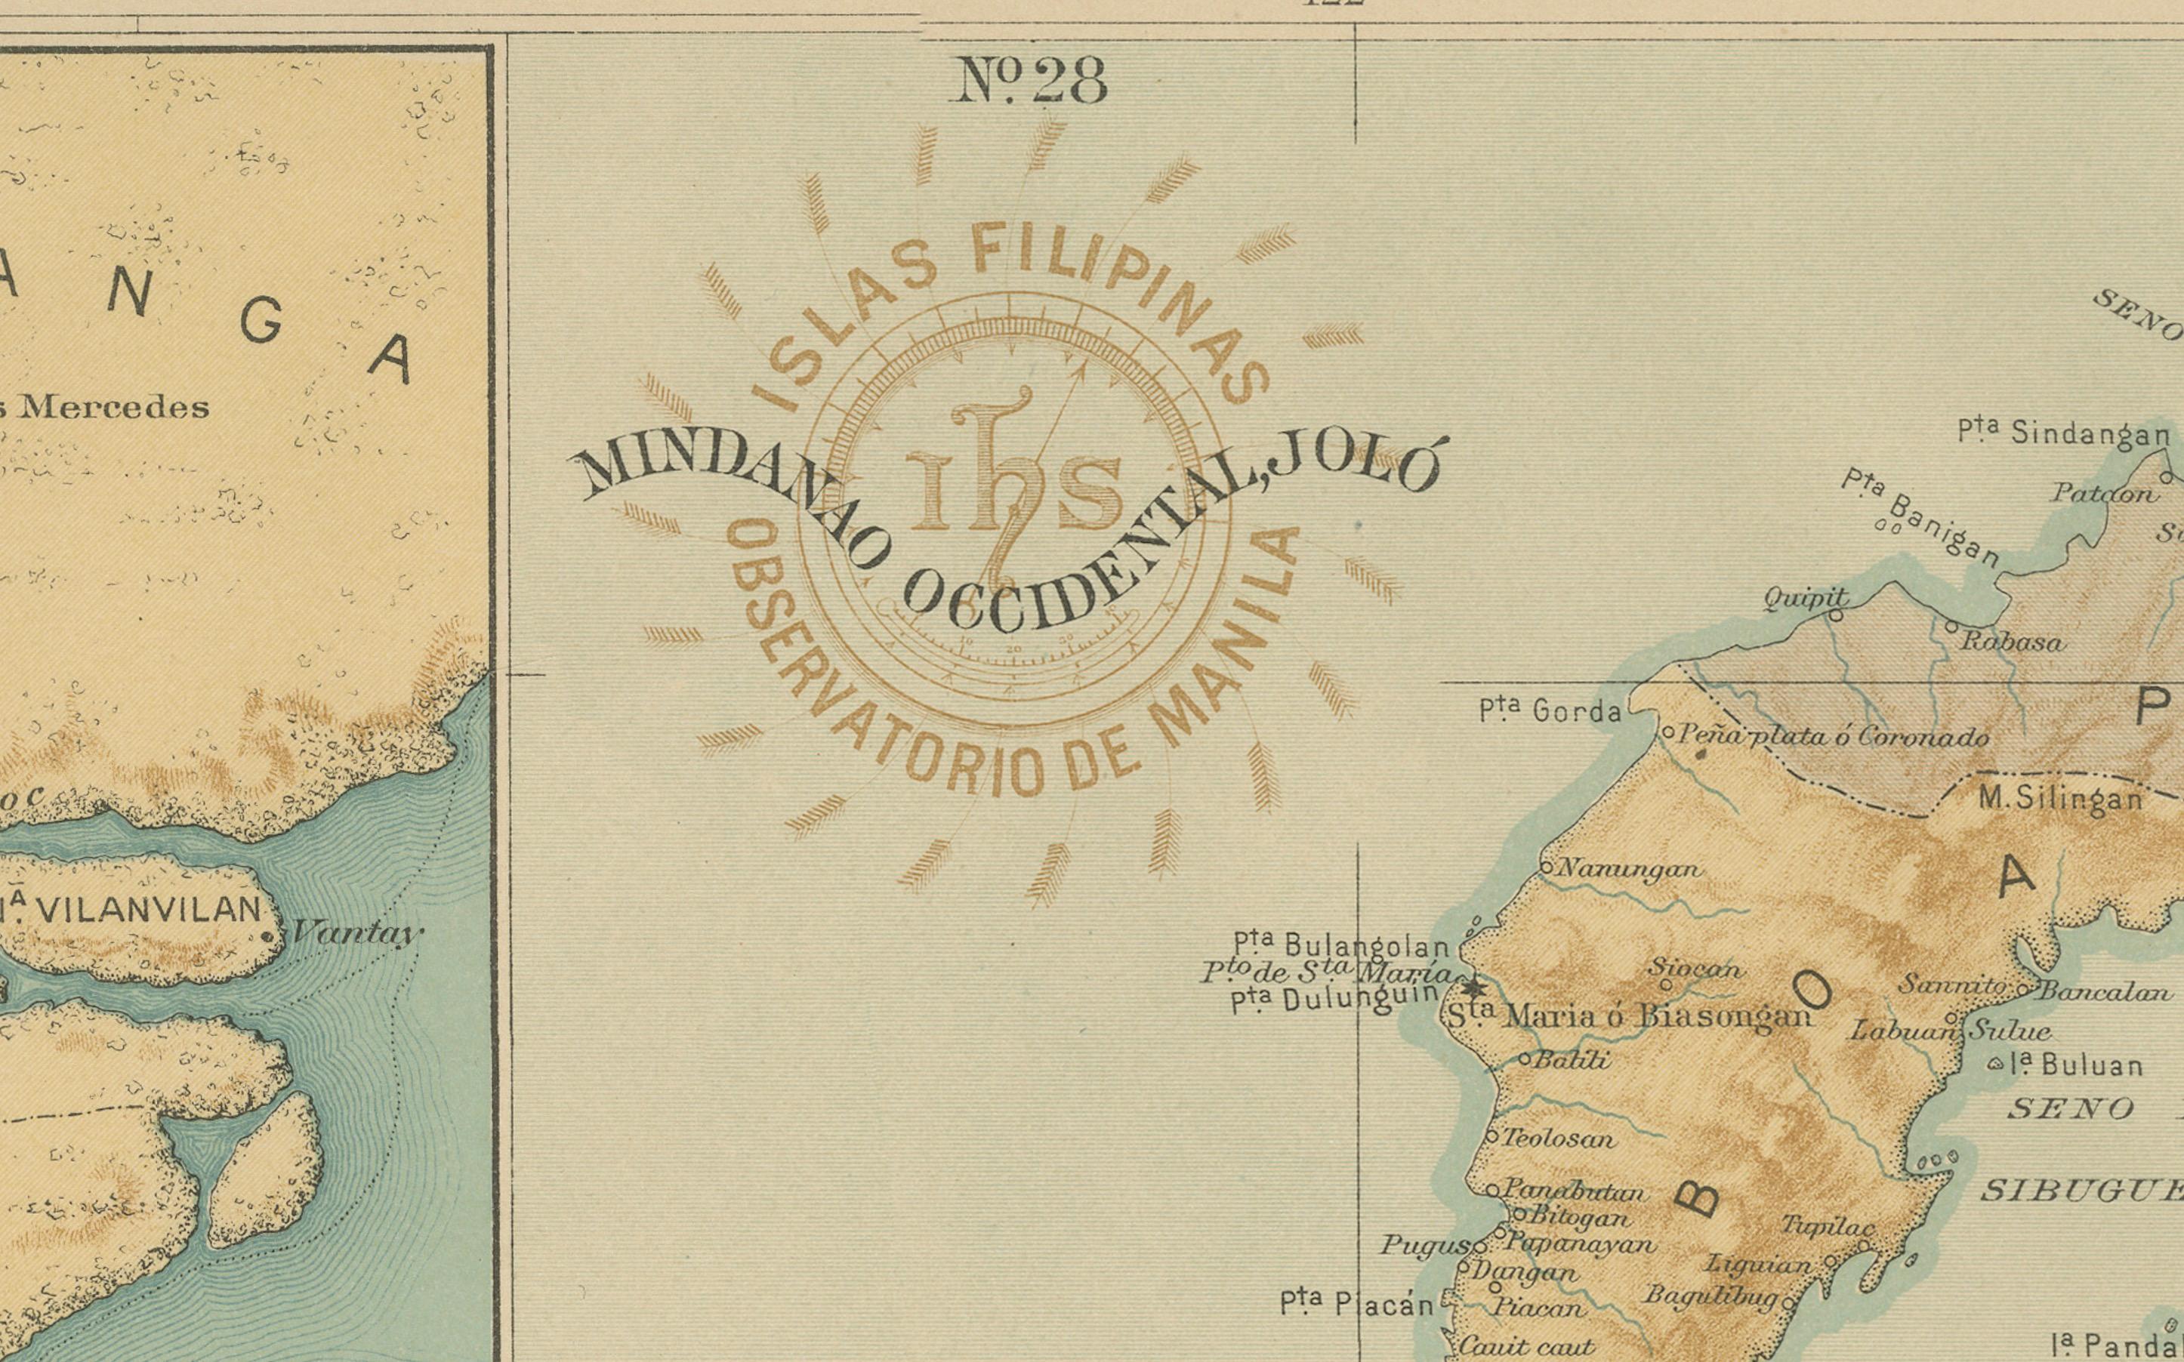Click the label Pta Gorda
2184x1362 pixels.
pyautogui.click(x=1550, y=712)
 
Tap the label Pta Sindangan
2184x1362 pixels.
pyautogui.click(x=2063, y=433)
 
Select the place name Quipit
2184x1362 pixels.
pyautogui.click(x=1806, y=597)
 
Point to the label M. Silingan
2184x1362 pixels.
pyautogui.click(x=2059, y=798)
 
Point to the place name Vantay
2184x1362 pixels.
pyautogui.click(x=356, y=932)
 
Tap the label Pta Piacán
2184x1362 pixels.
pyautogui.click(x=1356, y=1302)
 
